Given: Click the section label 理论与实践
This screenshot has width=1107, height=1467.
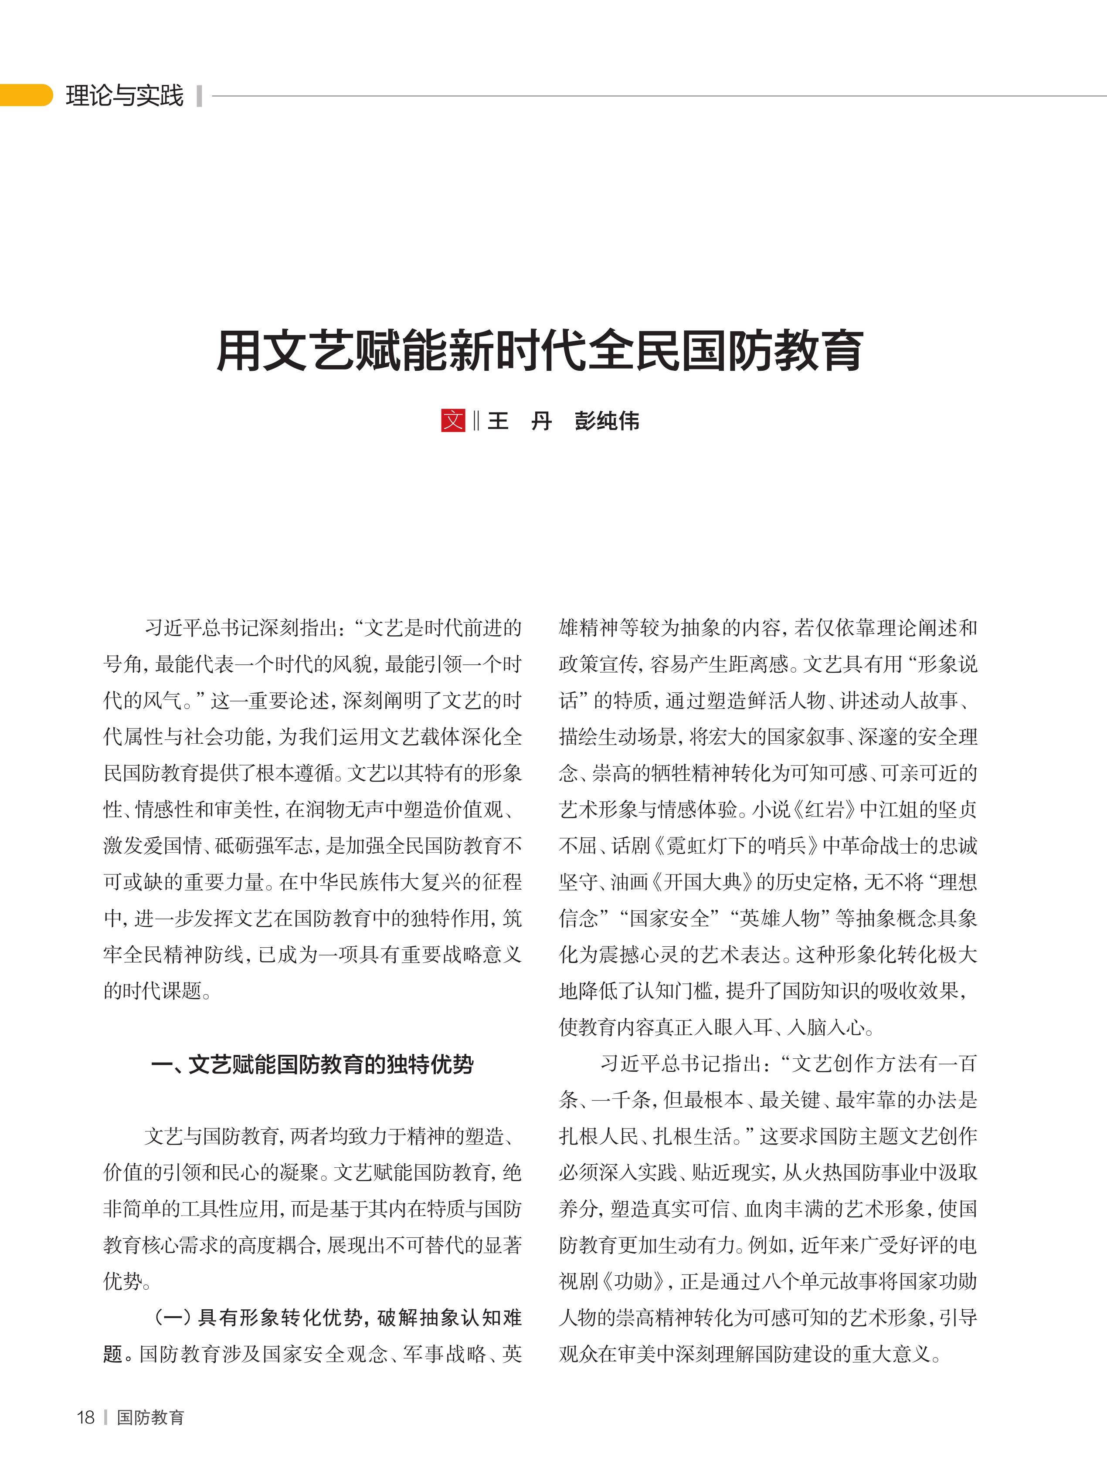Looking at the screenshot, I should tap(124, 95).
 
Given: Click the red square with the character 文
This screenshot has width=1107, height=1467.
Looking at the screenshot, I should tap(453, 420).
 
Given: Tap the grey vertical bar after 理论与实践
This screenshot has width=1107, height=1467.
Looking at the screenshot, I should tap(199, 95).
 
